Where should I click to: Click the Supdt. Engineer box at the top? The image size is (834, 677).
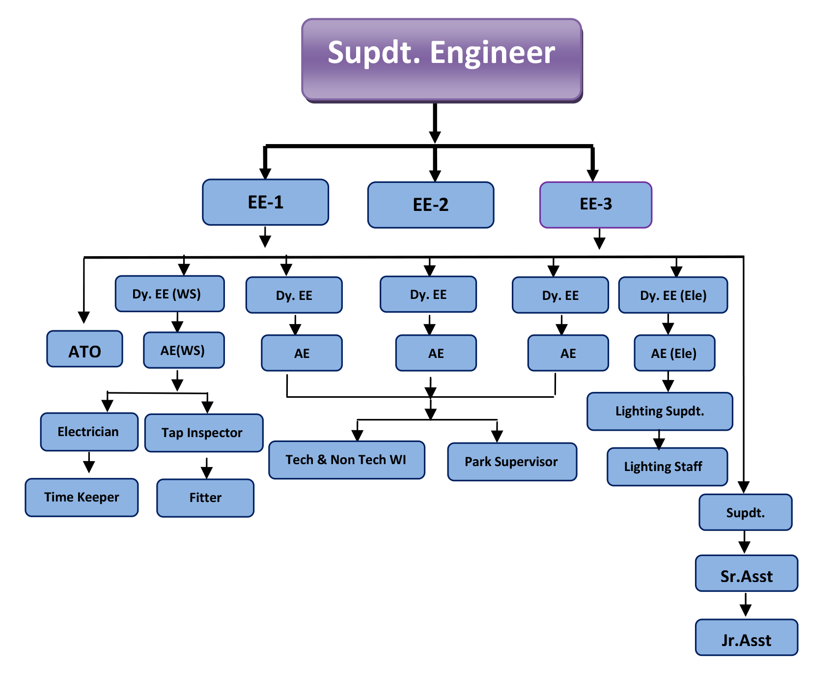click(442, 60)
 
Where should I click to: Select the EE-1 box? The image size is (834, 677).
click(265, 202)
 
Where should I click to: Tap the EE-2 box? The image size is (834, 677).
click(431, 205)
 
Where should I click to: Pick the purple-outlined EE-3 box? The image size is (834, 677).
click(596, 205)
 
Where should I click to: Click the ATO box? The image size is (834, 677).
click(84, 349)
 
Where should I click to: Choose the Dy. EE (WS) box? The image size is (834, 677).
click(170, 294)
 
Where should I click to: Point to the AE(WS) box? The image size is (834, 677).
click(184, 350)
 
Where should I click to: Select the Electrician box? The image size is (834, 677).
click(89, 432)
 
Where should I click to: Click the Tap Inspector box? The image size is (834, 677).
click(204, 433)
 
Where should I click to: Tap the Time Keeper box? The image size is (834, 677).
click(82, 497)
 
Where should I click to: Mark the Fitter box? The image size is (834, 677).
click(205, 498)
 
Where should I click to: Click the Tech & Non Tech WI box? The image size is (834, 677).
click(347, 460)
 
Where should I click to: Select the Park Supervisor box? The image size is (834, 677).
click(512, 462)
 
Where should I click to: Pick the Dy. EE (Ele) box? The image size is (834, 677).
click(673, 295)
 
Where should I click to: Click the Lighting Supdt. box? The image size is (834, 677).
click(660, 411)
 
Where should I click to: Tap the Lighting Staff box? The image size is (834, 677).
click(667, 467)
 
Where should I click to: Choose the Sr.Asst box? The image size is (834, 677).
click(747, 573)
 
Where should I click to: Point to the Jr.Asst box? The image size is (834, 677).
click(747, 637)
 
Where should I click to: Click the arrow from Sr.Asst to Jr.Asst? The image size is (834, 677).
click(746, 605)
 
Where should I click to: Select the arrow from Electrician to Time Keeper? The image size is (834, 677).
click(89, 462)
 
